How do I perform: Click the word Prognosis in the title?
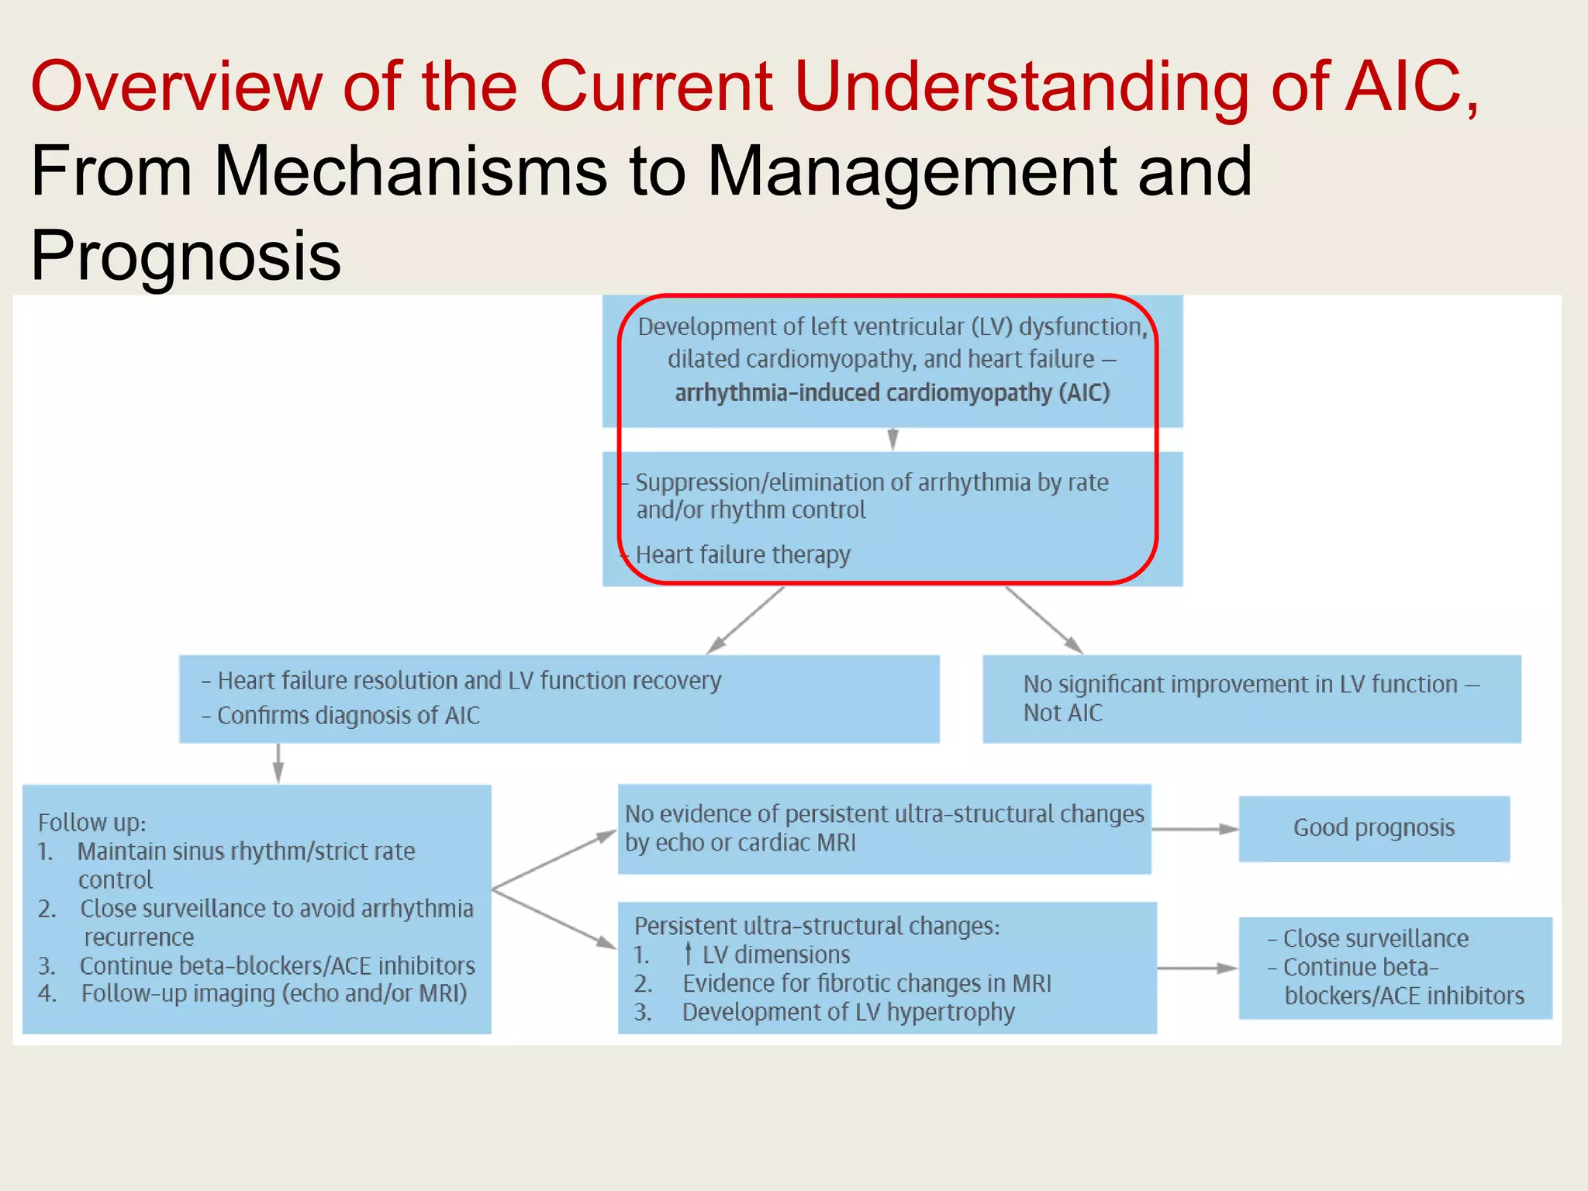click(185, 255)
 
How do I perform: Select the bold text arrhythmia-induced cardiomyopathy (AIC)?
click(892, 392)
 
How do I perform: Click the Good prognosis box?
click(1373, 828)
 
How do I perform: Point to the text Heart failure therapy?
click(742, 555)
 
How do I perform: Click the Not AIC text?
click(1062, 713)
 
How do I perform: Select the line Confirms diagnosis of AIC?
click(347, 715)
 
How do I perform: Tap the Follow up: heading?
click(91, 822)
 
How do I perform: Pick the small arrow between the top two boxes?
click(892, 439)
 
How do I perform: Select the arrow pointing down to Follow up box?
click(278, 763)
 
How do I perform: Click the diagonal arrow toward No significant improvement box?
click(1044, 620)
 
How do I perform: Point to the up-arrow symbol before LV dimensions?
click(688, 954)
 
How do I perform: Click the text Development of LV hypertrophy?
click(848, 1012)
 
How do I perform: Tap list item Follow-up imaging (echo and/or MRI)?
click(274, 993)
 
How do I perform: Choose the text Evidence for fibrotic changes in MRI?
click(866, 983)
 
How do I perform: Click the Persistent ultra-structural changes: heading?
click(816, 926)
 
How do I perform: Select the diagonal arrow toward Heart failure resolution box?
click(745, 620)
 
